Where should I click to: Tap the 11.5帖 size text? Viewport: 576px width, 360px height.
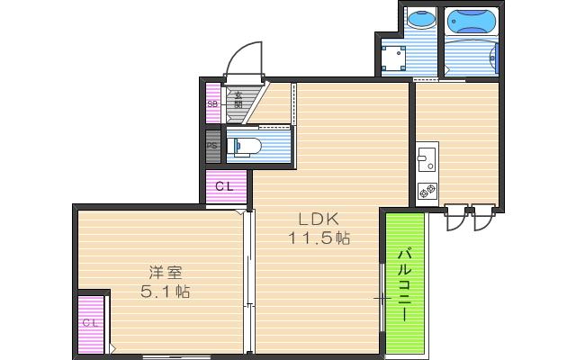[x=319, y=238]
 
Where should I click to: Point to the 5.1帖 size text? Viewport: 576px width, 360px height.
[x=165, y=292]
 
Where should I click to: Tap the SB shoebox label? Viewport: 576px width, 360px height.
[x=213, y=104]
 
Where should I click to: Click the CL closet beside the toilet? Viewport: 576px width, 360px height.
[x=227, y=187]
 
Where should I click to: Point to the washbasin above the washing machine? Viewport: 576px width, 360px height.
[x=419, y=19]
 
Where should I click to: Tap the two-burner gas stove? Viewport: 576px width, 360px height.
[x=427, y=191]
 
